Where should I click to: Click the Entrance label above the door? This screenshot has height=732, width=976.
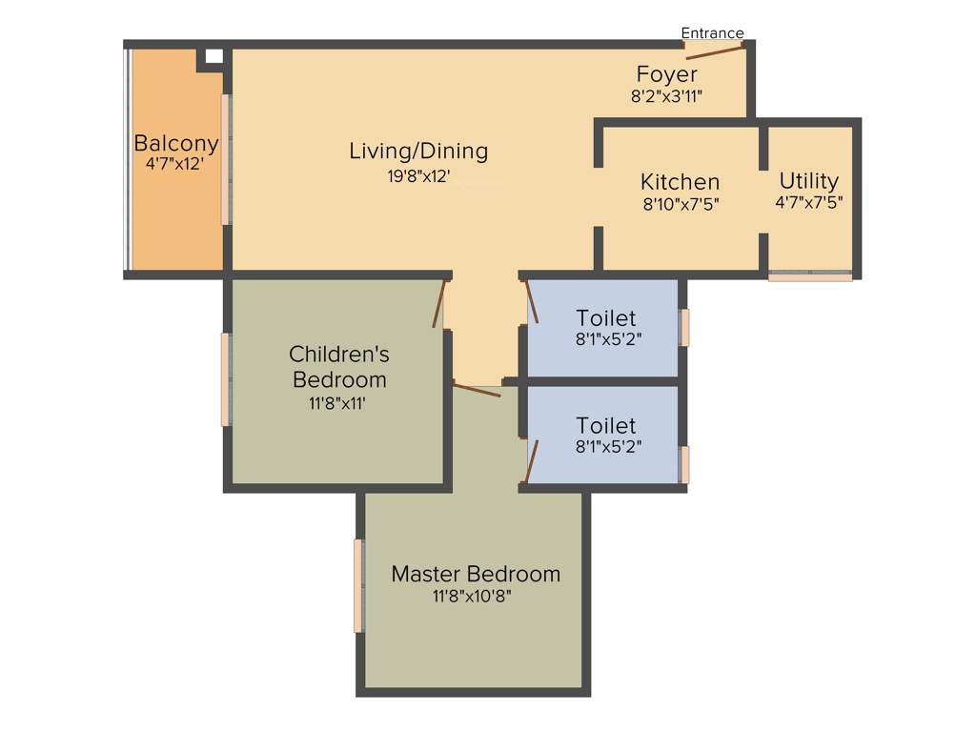712,33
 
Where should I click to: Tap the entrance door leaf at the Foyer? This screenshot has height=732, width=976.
714,51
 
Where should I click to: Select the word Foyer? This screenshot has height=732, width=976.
666,74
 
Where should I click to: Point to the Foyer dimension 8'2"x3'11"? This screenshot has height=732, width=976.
666,95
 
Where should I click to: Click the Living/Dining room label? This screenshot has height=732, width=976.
418,151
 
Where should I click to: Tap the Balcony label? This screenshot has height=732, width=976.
176,144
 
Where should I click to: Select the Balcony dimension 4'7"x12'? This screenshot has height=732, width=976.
175,164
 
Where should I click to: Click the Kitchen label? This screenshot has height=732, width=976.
680,182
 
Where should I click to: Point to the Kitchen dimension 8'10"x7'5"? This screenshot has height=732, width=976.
680,203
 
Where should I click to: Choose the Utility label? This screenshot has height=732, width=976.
808,181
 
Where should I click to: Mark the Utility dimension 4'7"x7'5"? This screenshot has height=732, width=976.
808,202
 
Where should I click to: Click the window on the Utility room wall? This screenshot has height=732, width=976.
810,276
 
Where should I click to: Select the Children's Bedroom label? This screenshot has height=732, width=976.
339,367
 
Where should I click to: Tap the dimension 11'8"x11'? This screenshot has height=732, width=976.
336,403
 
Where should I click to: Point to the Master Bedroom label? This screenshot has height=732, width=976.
476,574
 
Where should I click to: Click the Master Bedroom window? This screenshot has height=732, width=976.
358,585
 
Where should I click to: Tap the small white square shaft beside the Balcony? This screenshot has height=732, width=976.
213,56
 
